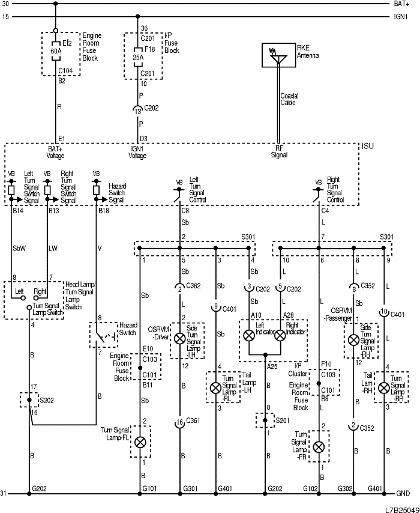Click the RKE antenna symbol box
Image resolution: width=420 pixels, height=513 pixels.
[278, 55]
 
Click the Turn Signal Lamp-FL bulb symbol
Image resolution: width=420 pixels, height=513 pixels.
[140, 442]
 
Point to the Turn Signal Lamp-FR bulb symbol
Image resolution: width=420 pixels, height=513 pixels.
[319, 446]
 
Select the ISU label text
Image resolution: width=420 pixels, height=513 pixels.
[367, 146]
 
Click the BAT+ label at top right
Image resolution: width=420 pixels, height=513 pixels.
[401, 4]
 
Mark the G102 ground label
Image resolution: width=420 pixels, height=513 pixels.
[311, 488]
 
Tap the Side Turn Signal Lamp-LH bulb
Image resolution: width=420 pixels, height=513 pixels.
[179, 339]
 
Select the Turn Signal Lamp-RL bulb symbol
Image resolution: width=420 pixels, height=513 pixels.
[215, 386]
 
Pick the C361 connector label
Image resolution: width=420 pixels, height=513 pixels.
[193, 420]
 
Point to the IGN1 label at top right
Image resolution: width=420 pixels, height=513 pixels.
[401, 17]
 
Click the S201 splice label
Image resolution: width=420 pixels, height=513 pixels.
[279, 420]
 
